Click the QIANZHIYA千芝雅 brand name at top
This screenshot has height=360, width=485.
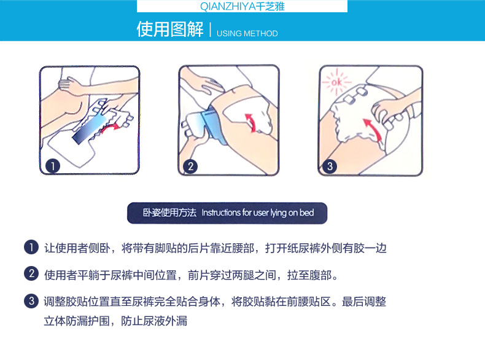click(242, 7)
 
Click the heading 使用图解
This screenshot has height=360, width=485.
click(170, 29)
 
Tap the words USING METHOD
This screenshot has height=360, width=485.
click(247, 33)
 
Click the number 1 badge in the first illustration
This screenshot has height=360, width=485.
click(53, 166)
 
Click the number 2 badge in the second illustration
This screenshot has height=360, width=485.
click(190, 166)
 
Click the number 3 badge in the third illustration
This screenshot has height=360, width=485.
click(330, 166)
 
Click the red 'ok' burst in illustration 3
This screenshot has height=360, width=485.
click(336, 82)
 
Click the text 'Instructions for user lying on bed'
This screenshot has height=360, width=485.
click(258, 213)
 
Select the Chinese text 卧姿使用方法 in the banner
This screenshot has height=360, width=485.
click(169, 213)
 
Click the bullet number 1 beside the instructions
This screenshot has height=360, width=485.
click(31, 248)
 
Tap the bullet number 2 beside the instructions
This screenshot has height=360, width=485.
click(31, 273)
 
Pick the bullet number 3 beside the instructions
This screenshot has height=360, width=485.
click(31, 301)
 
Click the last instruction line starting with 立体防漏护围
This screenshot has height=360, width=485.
click(115, 321)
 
